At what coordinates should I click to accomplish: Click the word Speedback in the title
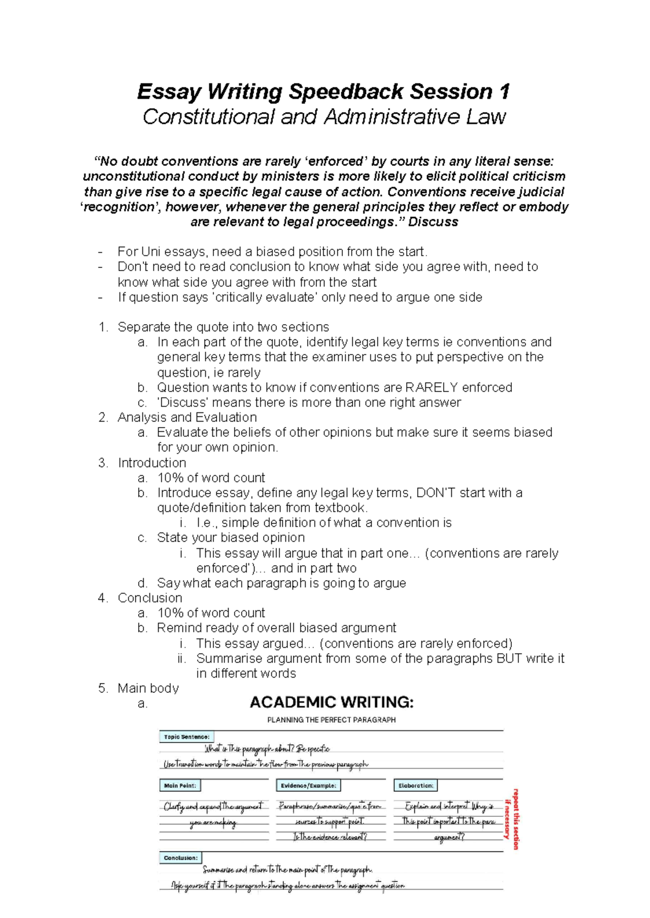pos(346,92)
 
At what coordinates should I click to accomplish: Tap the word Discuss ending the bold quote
pos(433,222)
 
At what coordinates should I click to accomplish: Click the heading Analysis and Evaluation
pos(187,417)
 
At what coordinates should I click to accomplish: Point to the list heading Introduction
pos(152,463)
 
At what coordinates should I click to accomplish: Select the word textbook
pos(341,508)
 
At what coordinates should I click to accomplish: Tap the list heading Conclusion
pos(150,598)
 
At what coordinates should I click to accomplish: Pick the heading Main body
pos(148,688)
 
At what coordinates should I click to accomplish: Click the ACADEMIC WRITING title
pos(331,703)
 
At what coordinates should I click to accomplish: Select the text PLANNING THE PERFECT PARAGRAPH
pos(331,720)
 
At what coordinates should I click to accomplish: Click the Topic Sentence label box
pos(186,737)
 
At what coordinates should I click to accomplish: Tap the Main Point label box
pos(180,785)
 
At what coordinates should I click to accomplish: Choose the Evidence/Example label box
pos(308,785)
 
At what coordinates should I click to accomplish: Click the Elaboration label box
pos(415,785)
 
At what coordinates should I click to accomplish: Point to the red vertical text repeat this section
pos(515,818)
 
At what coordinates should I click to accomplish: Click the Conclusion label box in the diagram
pos(180,858)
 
